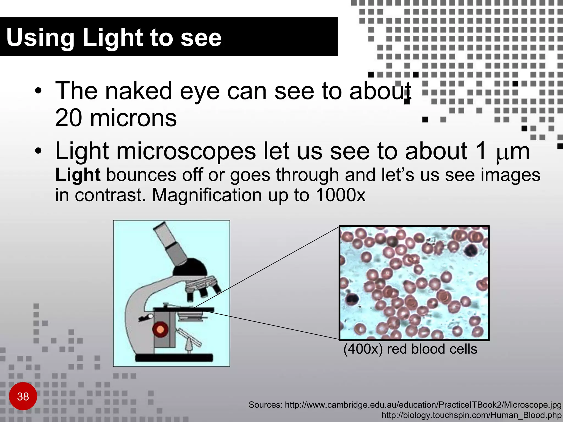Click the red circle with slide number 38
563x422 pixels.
[x=23, y=396]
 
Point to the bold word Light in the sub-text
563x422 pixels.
[x=78, y=175]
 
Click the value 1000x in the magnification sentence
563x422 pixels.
[x=340, y=195]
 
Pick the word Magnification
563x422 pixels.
[x=207, y=195]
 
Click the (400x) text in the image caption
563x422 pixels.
[x=363, y=349]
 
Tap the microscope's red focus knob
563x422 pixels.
[x=160, y=329]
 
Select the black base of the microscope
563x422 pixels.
[x=174, y=357]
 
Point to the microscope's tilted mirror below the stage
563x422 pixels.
[x=190, y=337]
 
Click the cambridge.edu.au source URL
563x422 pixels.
[x=423, y=405]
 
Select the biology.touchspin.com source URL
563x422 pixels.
[x=471, y=415]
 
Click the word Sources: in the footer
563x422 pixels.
[x=266, y=405]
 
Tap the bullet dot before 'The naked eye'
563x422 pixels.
[x=38, y=91]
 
